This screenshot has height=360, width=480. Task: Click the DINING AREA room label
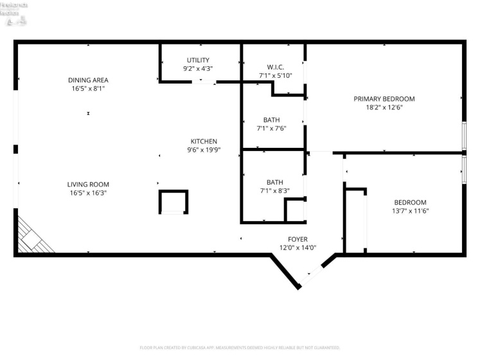click(88, 80)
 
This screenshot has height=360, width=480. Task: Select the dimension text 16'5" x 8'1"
click(88, 89)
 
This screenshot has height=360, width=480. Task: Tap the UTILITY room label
click(198, 60)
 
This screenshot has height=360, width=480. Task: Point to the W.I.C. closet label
click(275, 67)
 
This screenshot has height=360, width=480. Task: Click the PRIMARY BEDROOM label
click(384, 99)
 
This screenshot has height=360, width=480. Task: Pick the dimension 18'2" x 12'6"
click(384, 107)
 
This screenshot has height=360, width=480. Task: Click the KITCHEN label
click(204, 141)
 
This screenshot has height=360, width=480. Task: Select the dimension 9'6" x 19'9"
click(204, 150)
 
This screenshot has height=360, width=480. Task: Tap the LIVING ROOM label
click(88, 184)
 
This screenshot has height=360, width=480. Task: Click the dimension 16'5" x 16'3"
click(88, 193)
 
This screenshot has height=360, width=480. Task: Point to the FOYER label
click(297, 239)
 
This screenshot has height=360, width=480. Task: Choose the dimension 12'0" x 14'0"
click(297, 248)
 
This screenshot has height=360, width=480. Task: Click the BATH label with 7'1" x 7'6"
click(271, 120)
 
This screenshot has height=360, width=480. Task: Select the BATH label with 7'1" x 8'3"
click(271, 182)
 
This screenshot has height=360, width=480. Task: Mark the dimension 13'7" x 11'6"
click(410, 210)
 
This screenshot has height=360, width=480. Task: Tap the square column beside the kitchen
click(173, 201)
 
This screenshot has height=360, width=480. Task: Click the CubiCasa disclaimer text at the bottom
click(240, 348)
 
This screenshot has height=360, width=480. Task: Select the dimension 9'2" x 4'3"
click(198, 68)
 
